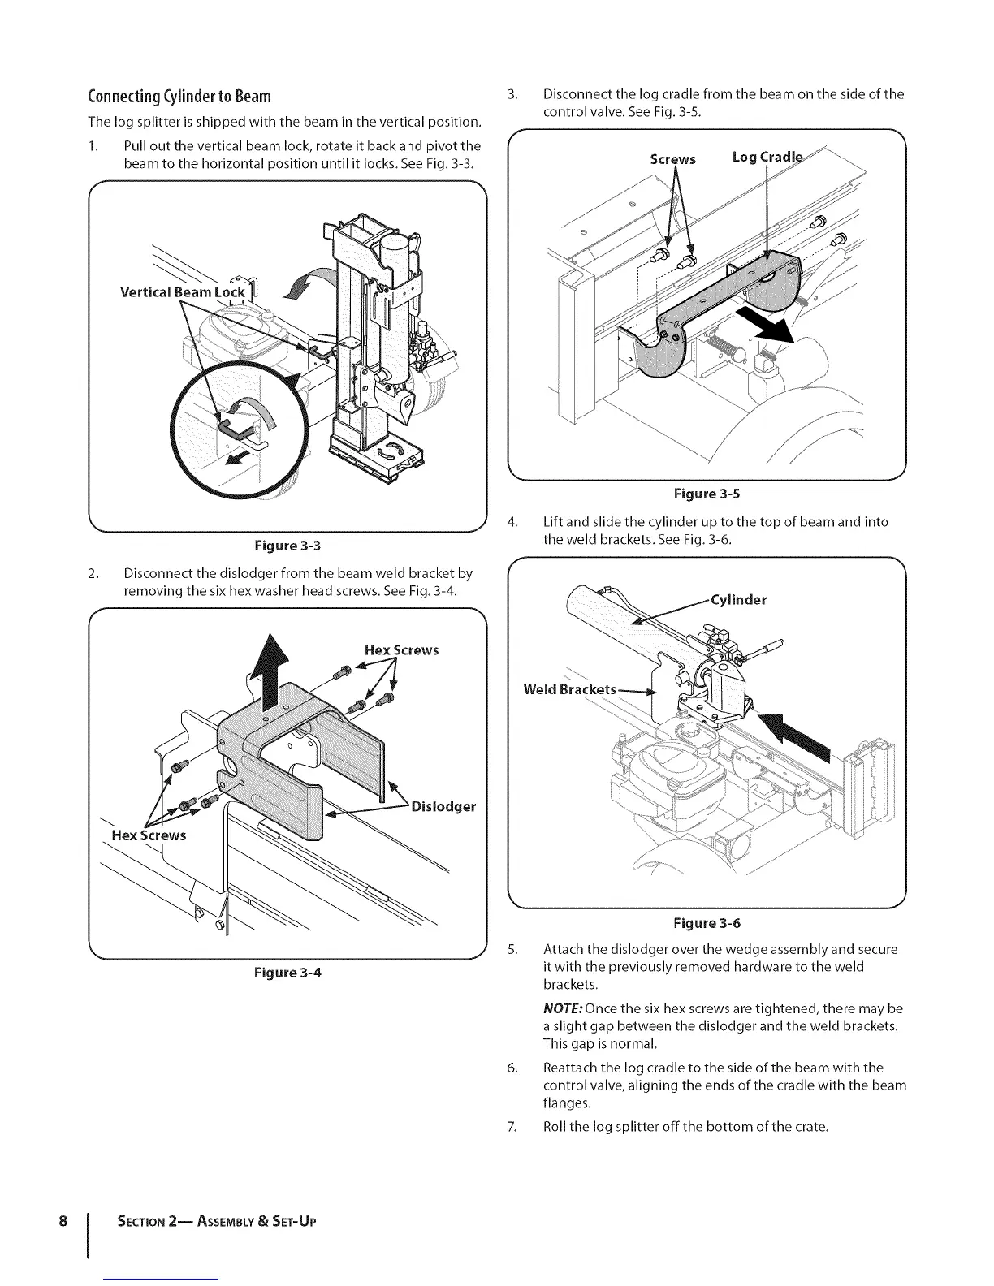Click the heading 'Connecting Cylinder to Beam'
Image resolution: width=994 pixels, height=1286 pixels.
[x=179, y=97]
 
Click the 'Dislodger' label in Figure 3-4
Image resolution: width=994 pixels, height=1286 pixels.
[x=443, y=806]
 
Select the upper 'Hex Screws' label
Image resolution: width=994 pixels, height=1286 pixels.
[x=401, y=649]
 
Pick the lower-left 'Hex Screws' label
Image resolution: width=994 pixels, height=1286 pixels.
[x=149, y=835]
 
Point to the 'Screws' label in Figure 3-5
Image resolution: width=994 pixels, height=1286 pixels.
[x=672, y=159]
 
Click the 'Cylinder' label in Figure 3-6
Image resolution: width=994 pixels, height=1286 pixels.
[x=738, y=600]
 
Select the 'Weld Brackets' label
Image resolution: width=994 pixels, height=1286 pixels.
[x=569, y=689]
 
